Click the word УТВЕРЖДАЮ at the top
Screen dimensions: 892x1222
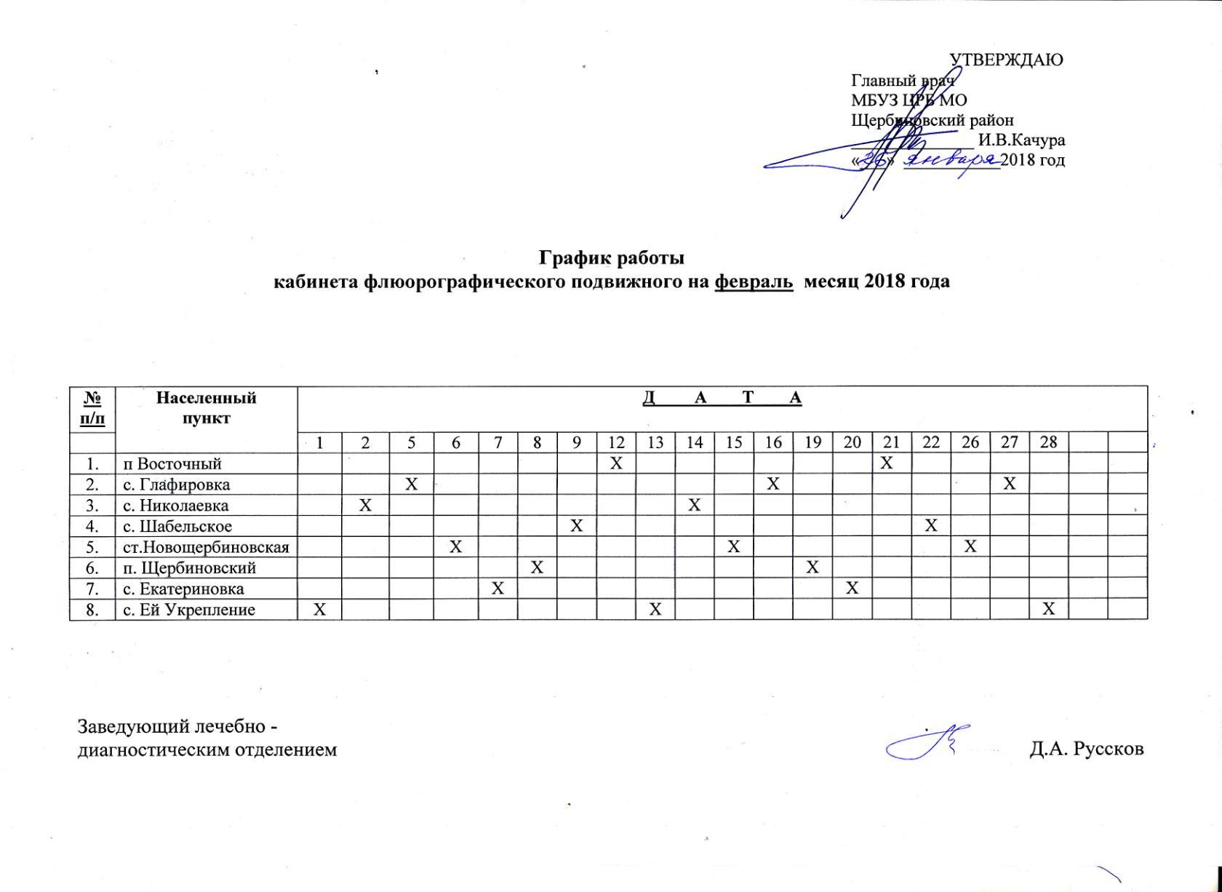(1007, 60)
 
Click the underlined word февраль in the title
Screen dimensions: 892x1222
(754, 282)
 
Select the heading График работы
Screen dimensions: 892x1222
(611, 258)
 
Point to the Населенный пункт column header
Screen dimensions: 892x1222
(207, 407)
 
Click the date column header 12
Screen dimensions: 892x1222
(616, 442)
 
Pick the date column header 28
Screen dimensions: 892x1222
(1048, 442)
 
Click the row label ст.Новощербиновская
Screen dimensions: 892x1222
(207, 547)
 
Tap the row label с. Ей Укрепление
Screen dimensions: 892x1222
(189, 610)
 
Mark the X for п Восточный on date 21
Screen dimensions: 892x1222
(886, 463)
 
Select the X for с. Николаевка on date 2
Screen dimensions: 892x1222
(365, 505)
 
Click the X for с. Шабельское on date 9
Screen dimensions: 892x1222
(577, 525)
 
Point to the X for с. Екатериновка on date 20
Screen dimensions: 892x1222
(852, 588)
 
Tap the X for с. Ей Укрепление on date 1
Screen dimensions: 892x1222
(319, 609)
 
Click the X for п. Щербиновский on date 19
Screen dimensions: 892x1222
(813, 568)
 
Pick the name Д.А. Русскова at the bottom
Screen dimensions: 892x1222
(1086, 749)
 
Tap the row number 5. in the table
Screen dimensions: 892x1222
(92, 547)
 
